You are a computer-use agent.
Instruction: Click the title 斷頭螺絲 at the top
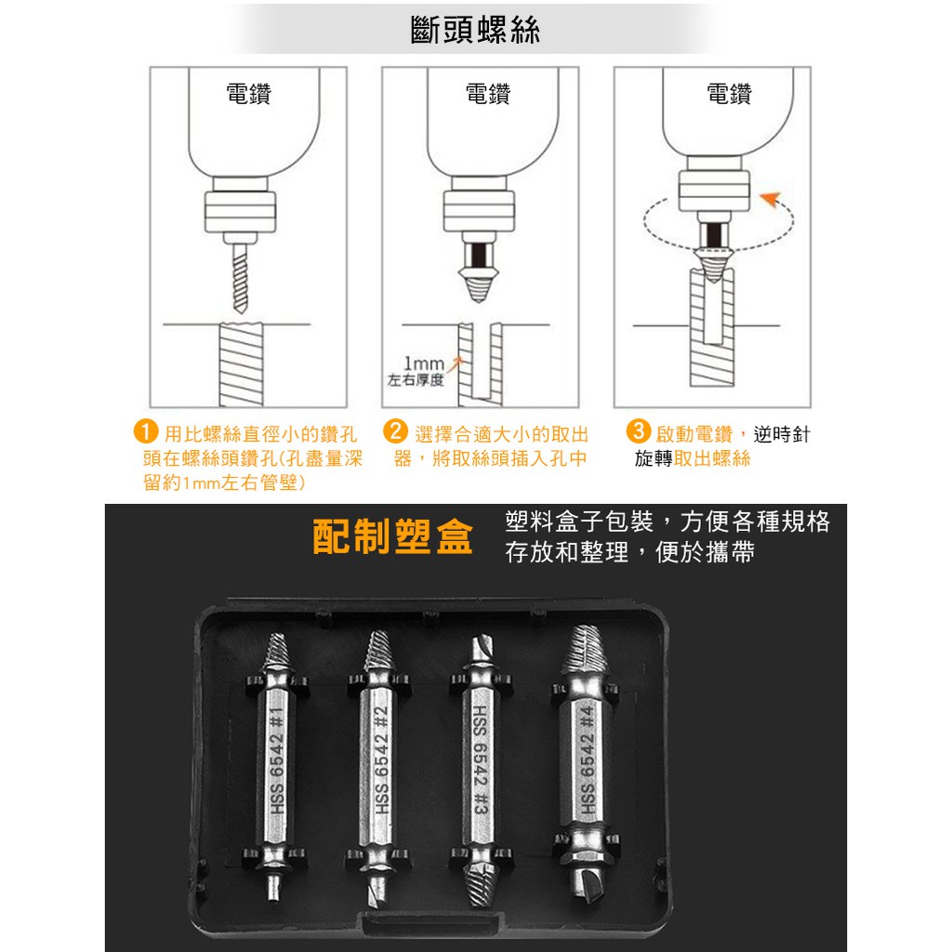tap(475, 30)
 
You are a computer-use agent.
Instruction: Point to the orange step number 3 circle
tap(638, 430)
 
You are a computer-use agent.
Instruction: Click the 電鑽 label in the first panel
tap(248, 94)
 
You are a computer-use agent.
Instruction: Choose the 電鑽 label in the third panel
tap(729, 94)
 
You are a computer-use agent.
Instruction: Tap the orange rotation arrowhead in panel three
tap(771, 199)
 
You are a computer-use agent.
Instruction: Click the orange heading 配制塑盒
tap(393, 536)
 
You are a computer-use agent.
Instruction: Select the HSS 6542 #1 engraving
tap(277, 761)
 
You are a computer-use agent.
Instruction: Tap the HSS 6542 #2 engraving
tap(380, 760)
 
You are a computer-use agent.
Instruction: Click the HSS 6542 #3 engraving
tap(481, 760)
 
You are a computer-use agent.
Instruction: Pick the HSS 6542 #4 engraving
tap(587, 760)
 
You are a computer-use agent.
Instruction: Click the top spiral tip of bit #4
tap(584, 648)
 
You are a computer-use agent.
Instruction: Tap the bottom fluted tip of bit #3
tap(480, 886)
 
